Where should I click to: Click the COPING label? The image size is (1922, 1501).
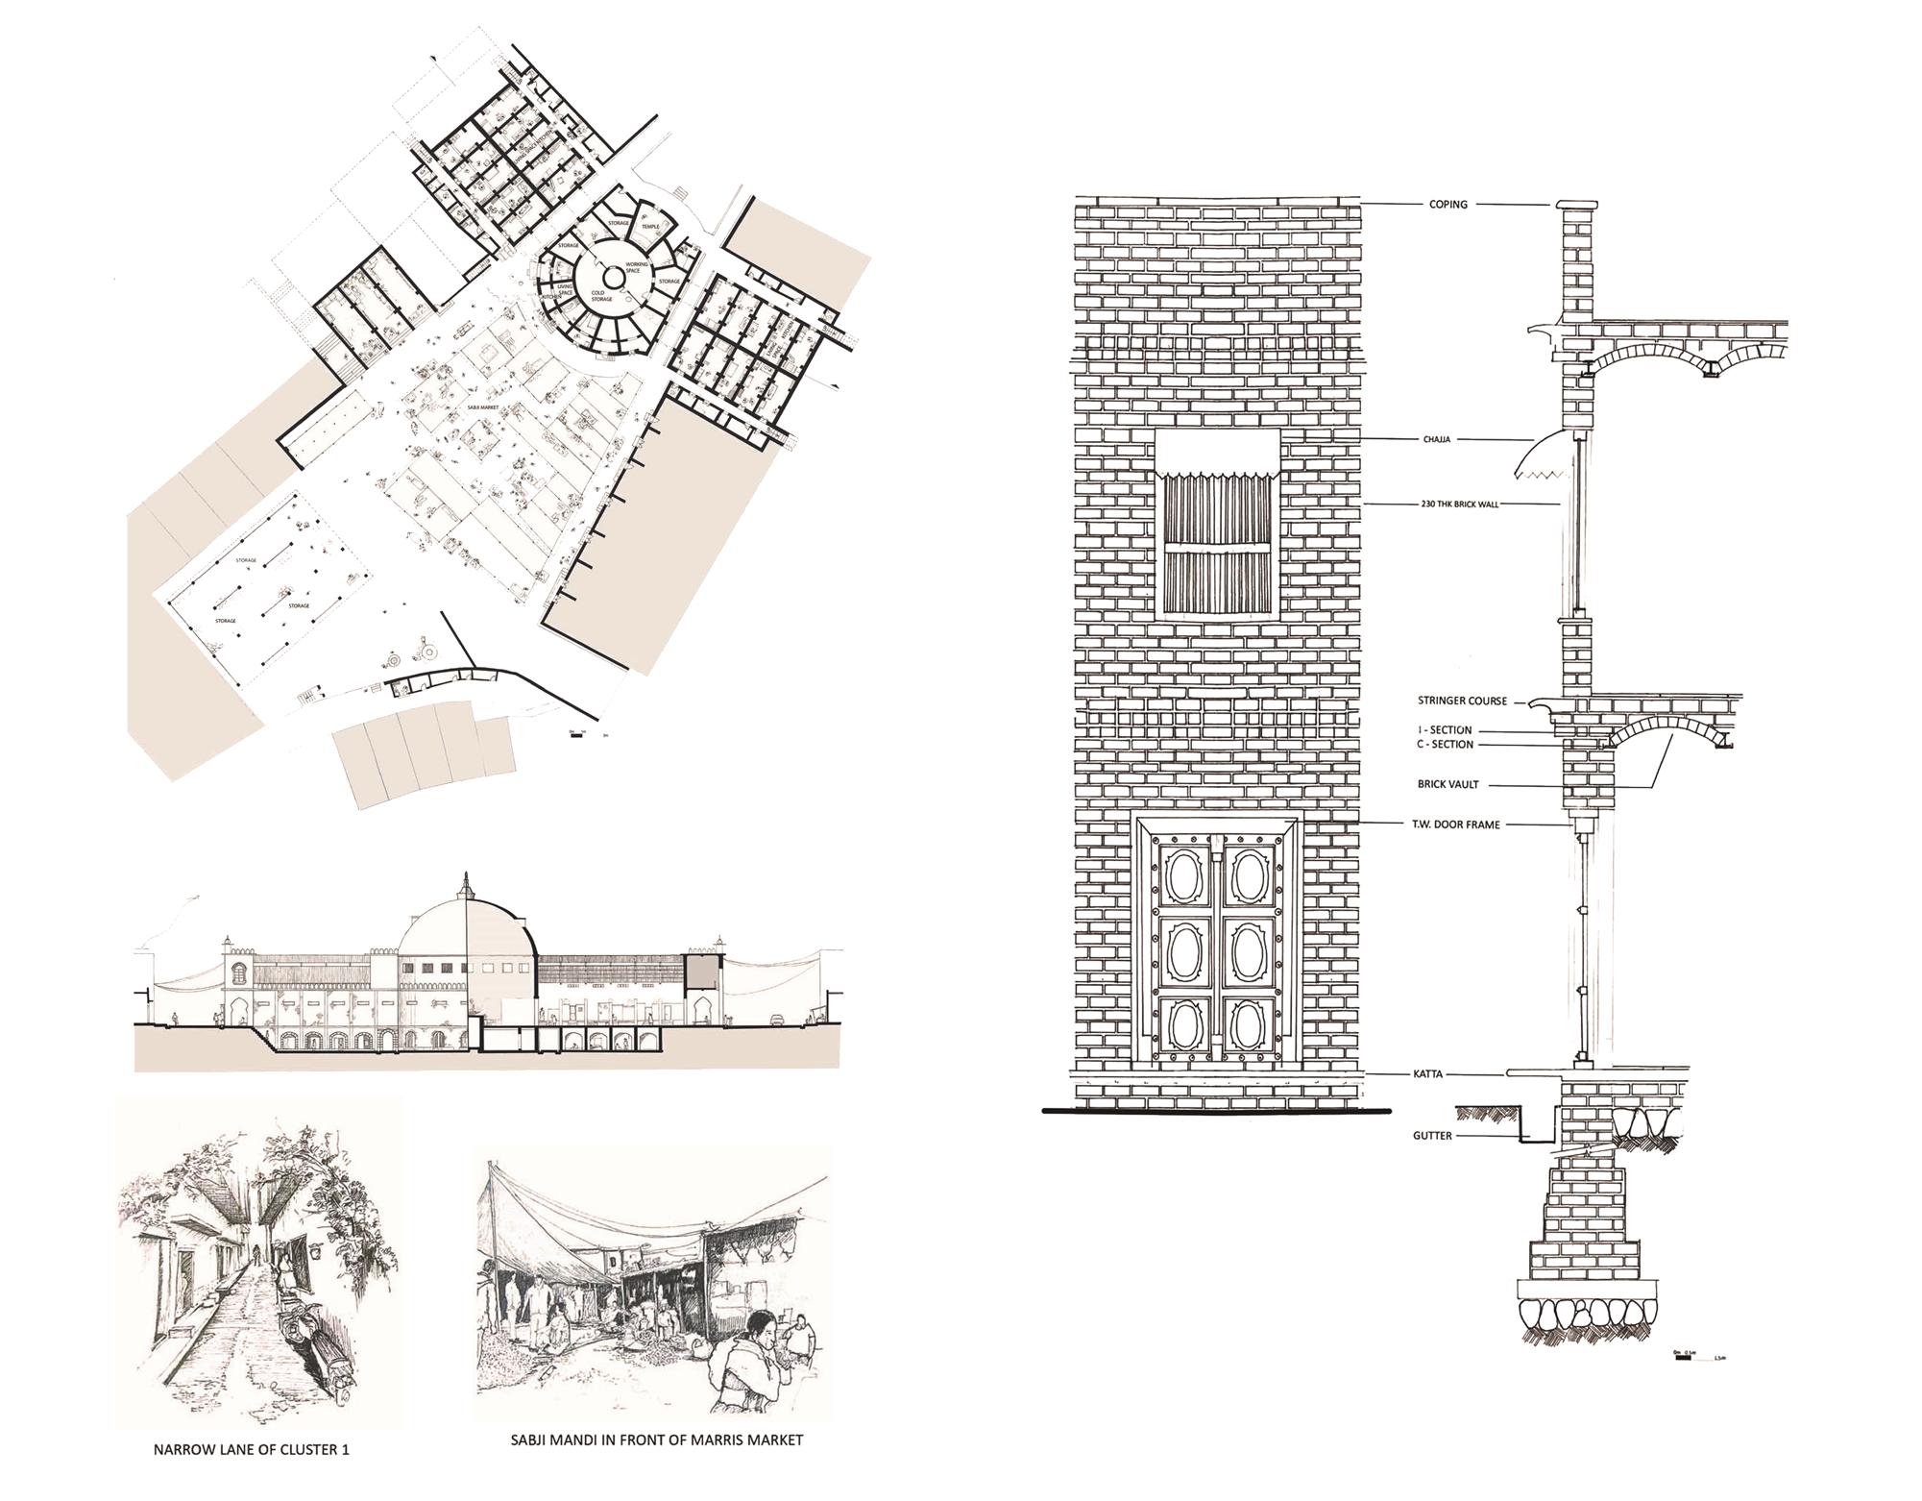[x=1448, y=205]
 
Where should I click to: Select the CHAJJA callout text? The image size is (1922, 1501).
[x=1437, y=439]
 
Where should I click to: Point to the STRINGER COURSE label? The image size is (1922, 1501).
[x=1462, y=701]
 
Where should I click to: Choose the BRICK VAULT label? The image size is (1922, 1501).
[x=1448, y=784]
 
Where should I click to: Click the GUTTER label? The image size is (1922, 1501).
[x=1431, y=1136]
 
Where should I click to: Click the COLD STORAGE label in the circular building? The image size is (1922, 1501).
[x=601, y=296]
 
